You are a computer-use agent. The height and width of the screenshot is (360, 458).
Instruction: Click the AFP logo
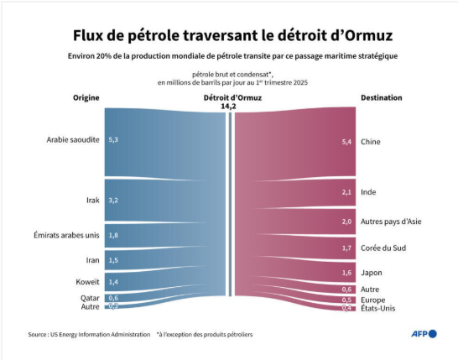coord(424,334)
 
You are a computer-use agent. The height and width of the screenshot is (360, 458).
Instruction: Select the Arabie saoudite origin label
coord(73,139)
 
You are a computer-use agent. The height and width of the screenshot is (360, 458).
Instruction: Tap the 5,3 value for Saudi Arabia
coord(113,139)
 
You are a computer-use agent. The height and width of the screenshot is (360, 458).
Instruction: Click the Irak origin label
coord(93,201)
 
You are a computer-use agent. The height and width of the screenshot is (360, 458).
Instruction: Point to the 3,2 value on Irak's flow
coord(113,201)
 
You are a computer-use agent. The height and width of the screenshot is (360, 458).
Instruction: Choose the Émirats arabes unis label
coord(66,235)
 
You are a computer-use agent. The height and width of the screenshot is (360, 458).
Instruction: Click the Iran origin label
coord(92,260)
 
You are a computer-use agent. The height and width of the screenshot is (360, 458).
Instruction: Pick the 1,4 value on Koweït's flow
coord(113,282)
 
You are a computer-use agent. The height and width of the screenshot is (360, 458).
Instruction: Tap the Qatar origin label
coord(90,298)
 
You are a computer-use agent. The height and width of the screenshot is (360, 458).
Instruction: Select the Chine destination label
coord(371,142)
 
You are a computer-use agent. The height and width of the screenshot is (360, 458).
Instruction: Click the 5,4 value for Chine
coord(346,142)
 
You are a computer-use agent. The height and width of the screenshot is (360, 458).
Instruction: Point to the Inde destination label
coord(368,192)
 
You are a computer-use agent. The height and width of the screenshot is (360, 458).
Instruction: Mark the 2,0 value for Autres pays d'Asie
coord(346,222)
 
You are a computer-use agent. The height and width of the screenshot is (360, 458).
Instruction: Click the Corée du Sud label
coord(383,248)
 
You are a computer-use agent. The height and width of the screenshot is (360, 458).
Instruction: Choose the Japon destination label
coord(372,273)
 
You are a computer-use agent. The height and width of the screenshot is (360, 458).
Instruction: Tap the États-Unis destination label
coord(378,308)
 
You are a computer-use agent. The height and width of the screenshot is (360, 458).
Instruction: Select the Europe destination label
coord(372,300)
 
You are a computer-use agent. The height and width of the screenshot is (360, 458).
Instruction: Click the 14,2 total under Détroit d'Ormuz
coord(228,107)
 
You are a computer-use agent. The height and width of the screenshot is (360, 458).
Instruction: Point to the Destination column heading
coord(382,97)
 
